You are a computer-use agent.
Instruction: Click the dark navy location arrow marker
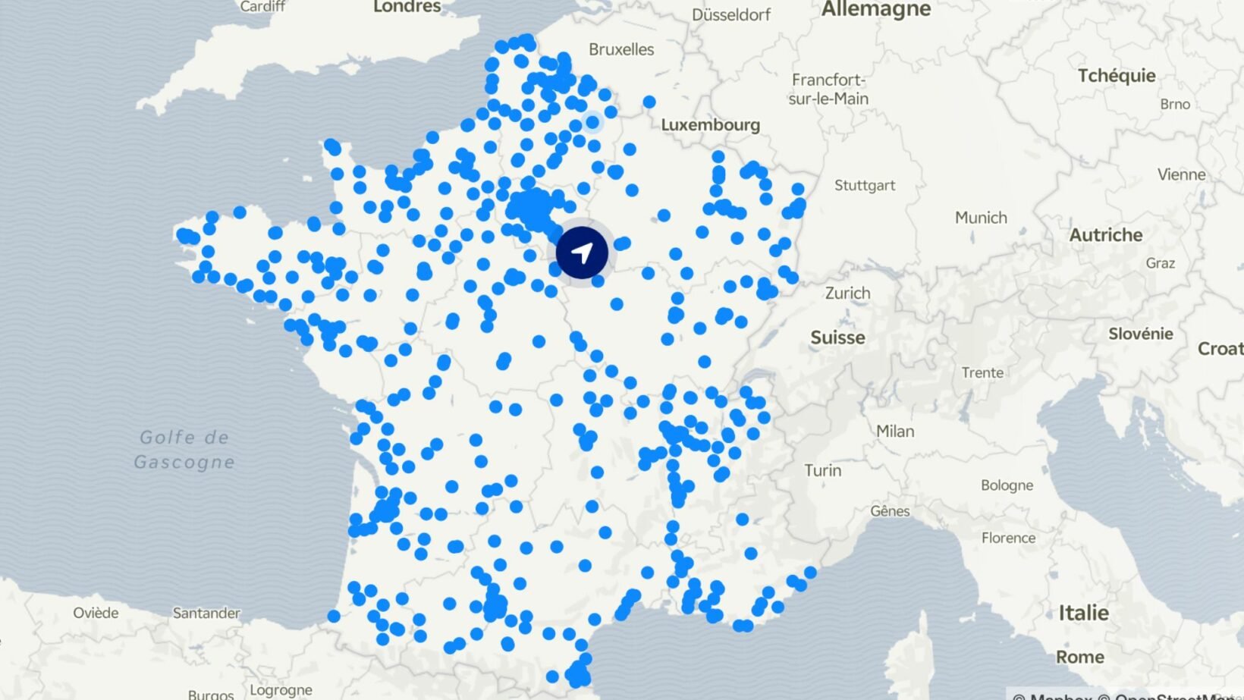[582, 252]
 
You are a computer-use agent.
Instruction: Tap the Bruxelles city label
[621, 49]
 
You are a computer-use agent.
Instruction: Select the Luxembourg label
[710, 124]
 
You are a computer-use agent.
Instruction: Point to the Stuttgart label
[864, 185]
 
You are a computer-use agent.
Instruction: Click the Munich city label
[981, 218]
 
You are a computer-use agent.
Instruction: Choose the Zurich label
[847, 293]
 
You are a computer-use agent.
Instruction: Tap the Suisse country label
[837, 337]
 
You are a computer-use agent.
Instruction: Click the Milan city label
[895, 431]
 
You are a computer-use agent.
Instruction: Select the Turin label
[822, 470]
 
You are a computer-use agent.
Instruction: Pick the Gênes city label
[890, 511]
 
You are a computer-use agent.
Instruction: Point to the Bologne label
[1007, 485]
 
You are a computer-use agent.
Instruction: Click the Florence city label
[1008, 538]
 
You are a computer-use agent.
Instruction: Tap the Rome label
[1079, 657]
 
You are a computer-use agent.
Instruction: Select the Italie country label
[1083, 613]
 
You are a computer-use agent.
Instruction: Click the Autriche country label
[1105, 235]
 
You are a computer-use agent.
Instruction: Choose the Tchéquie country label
[1117, 76]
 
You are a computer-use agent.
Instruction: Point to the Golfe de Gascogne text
[184, 450]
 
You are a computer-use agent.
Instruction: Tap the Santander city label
[206, 613]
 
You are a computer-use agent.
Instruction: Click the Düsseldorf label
[730, 14]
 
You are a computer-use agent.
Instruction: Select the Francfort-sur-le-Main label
[828, 89]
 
